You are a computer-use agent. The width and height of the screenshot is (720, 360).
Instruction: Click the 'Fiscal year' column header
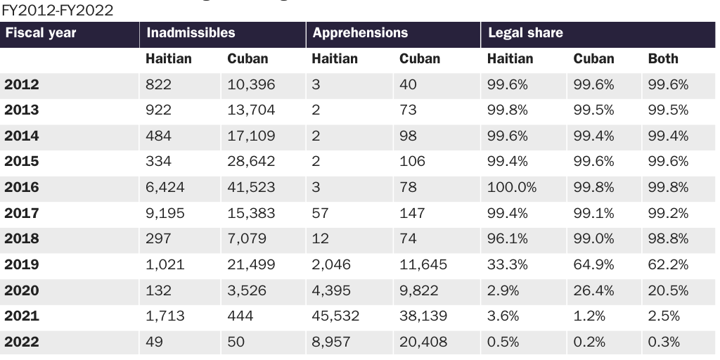tap(40, 33)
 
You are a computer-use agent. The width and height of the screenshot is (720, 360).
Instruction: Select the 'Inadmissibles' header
tap(190, 33)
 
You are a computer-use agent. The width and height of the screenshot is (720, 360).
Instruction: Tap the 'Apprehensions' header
tap(360, 33)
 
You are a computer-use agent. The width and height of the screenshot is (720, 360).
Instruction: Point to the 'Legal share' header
tap(525, 33)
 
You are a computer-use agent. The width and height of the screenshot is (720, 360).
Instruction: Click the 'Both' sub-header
tap(663, 59)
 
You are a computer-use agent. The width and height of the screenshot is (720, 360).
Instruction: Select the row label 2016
tap(22, 188)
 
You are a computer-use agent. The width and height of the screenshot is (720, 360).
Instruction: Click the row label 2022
tap(22, 342)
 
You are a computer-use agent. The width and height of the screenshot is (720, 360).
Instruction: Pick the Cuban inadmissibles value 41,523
tap(251, 188)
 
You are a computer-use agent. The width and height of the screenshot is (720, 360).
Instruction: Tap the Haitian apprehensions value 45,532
tap(335, 316)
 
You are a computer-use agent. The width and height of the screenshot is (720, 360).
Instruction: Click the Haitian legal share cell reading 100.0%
tap(511, 188)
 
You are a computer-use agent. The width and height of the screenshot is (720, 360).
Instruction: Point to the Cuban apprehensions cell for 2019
tap(423, 265)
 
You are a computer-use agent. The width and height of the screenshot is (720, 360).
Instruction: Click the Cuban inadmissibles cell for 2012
tap(251, 85)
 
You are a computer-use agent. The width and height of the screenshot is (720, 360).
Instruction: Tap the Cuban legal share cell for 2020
tap(593, 290)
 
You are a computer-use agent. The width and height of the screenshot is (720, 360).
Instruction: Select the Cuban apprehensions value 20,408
tap(423, 342)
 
